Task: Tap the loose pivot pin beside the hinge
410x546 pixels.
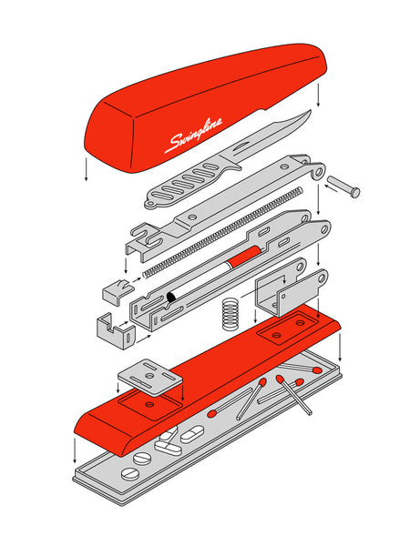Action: pos(343,185)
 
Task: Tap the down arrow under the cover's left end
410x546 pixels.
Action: pos(87,173)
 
